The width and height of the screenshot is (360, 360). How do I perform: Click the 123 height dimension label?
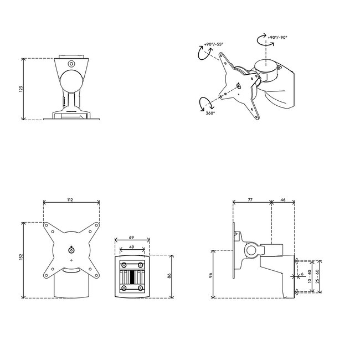coord(20,89)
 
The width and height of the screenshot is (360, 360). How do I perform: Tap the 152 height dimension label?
coord(20,258)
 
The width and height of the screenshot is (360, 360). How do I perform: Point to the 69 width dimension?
coord(132,236)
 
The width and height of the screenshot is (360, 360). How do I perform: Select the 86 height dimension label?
coord(169,275)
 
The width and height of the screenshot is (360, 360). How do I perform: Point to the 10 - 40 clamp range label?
coord(310,275)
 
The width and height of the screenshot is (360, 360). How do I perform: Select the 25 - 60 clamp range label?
coord(317,275)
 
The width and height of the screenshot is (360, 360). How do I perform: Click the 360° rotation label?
coord(210,112)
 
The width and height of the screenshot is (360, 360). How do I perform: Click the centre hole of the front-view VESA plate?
coord(71,249)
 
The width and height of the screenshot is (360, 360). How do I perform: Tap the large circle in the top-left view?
coord(72,78)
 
